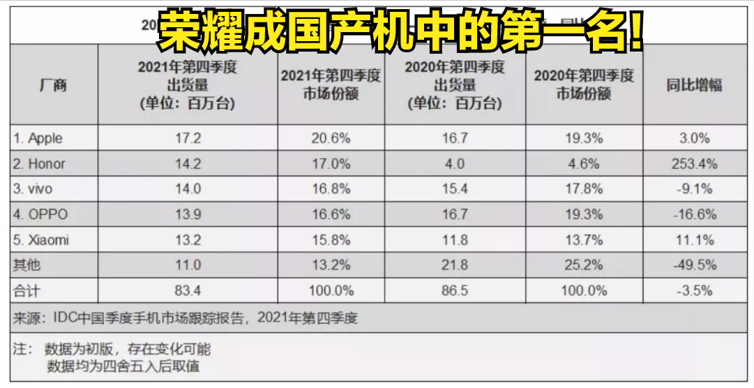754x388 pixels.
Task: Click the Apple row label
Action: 38,138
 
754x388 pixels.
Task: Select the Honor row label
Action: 39,164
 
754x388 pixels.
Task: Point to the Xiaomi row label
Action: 40,241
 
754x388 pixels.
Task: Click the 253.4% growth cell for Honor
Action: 693,164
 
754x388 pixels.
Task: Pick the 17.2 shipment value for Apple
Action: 188,138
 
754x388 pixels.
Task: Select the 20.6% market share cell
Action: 331,138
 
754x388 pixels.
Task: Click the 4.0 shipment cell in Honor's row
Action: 455,164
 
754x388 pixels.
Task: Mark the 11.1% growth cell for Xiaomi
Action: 693,241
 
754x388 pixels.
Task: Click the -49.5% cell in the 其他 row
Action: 693,266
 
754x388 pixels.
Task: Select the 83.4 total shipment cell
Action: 188,290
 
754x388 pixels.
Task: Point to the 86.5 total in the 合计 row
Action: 455,290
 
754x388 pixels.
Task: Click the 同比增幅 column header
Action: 693,85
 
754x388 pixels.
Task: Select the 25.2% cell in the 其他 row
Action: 583,266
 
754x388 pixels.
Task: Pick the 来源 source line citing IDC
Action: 186,319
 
